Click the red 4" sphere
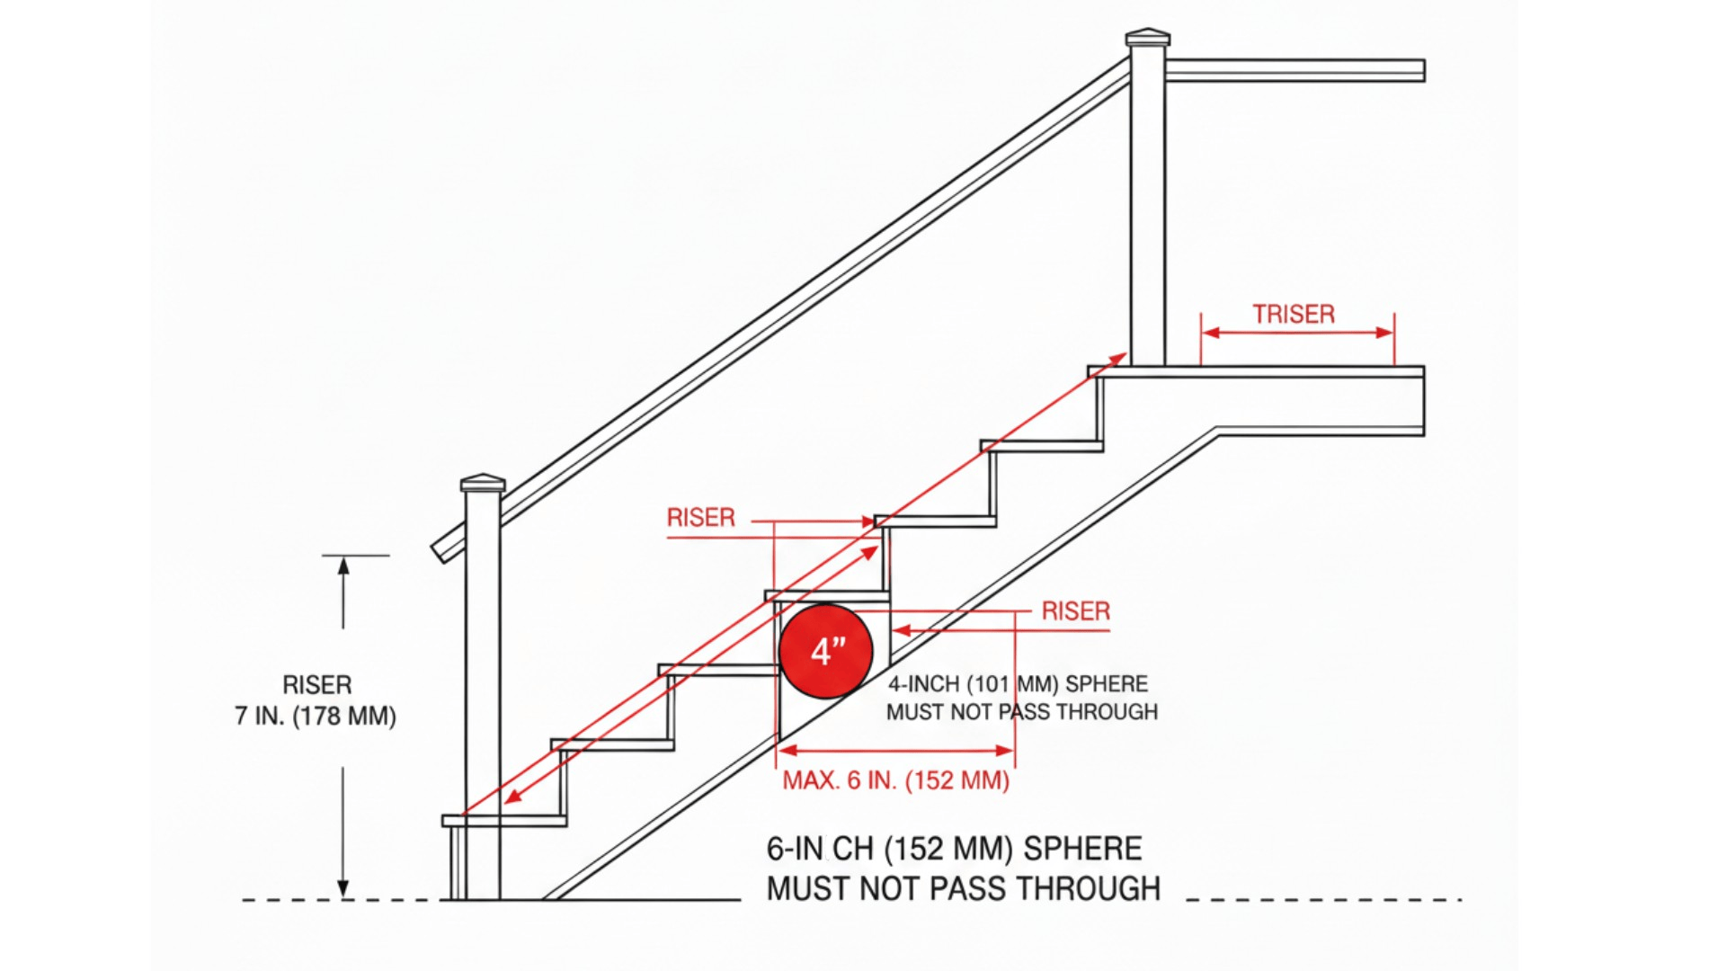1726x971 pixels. [x=825, y=651]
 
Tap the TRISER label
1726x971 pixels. [x=1294, y=314]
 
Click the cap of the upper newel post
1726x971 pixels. [x=1148, y=38]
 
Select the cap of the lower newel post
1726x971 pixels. [x=483, y=484]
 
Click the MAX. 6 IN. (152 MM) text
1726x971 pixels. [x=895, y=780]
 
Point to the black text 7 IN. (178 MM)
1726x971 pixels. [x=316, y=717]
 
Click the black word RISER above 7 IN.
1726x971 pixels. [x=316, y=685]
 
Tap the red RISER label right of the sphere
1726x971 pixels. [x=1075, y=611]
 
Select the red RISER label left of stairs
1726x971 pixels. [x=700, y=518]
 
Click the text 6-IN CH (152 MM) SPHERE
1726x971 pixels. [x=954, y=849]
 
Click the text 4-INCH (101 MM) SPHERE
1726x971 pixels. [x=1018, y=684]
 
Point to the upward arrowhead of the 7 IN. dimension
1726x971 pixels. [x=343, y=566]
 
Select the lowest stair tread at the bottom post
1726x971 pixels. [x=504, y=821]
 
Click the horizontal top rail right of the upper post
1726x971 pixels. [x=1294, y=70]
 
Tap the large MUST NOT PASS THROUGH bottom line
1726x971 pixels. [x=963, y=889]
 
